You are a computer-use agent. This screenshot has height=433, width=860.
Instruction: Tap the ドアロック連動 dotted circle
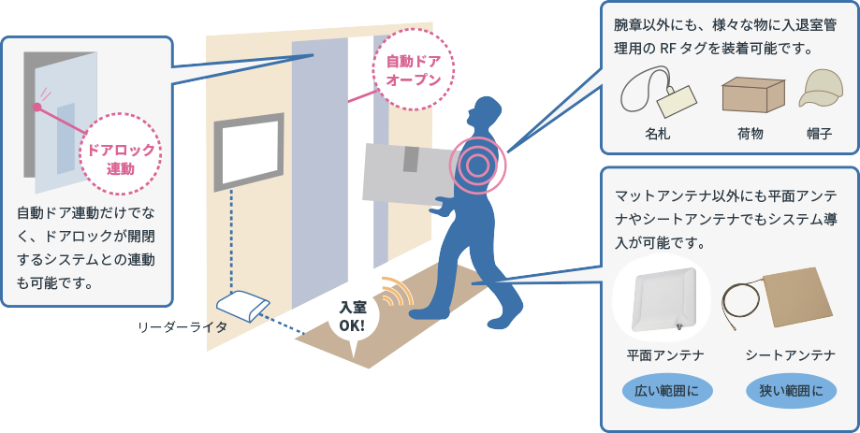[x=121, y=159]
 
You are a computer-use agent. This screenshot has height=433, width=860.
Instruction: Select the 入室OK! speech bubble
[x=353, y=318]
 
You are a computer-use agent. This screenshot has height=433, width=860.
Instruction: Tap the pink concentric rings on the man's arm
[x=477, y=166]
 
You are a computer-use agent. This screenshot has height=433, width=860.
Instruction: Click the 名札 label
[x=658, y=134]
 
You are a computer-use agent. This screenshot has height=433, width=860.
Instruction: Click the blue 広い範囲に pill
[x=665, y=390]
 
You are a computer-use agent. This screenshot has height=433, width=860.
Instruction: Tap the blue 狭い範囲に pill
[x=791, y=390]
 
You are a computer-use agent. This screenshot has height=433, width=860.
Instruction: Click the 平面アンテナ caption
[x=665, y=355]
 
